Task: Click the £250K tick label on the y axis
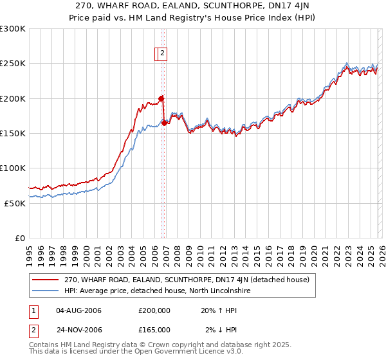click(x=13, y=64)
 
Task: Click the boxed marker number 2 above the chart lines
click(x=163, y=54)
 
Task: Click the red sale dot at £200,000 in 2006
click(x=161, y=98)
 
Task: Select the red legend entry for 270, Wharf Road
click(x=187, y=280)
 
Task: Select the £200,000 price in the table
click(x=154, y=310)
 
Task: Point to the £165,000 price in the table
click(x=154, y=330)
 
